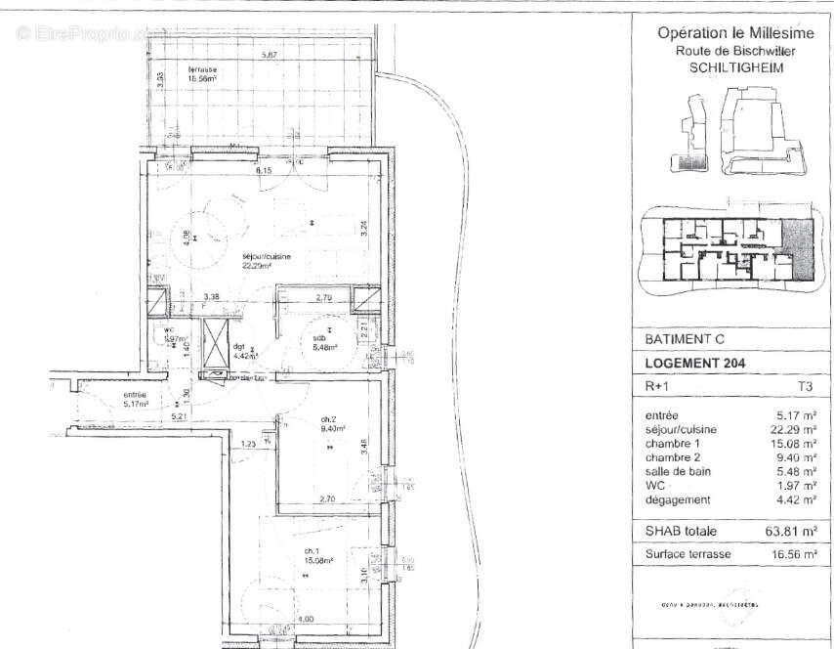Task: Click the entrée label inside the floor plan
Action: click(135, 397)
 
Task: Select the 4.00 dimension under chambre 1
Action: click(306, 620)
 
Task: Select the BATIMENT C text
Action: click(685, 339)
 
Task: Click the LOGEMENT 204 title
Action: click(695, 363)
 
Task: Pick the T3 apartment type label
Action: click(805, 386)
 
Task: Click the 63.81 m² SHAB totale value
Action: click(784, 531)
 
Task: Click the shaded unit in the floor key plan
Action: click(796, 246)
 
